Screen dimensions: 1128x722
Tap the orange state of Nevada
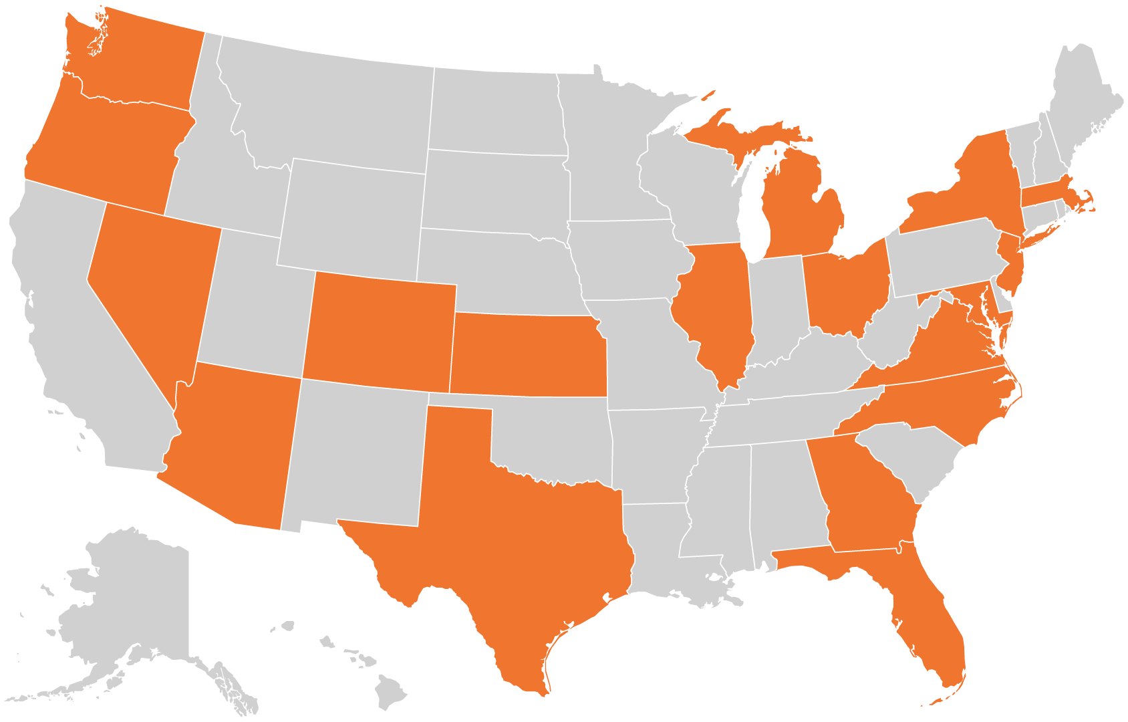[x=154, y=287]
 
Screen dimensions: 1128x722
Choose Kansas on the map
[x=528, y=354]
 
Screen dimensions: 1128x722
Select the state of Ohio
[x=845, y=287]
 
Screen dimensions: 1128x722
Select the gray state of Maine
[x=1083, y=100]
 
